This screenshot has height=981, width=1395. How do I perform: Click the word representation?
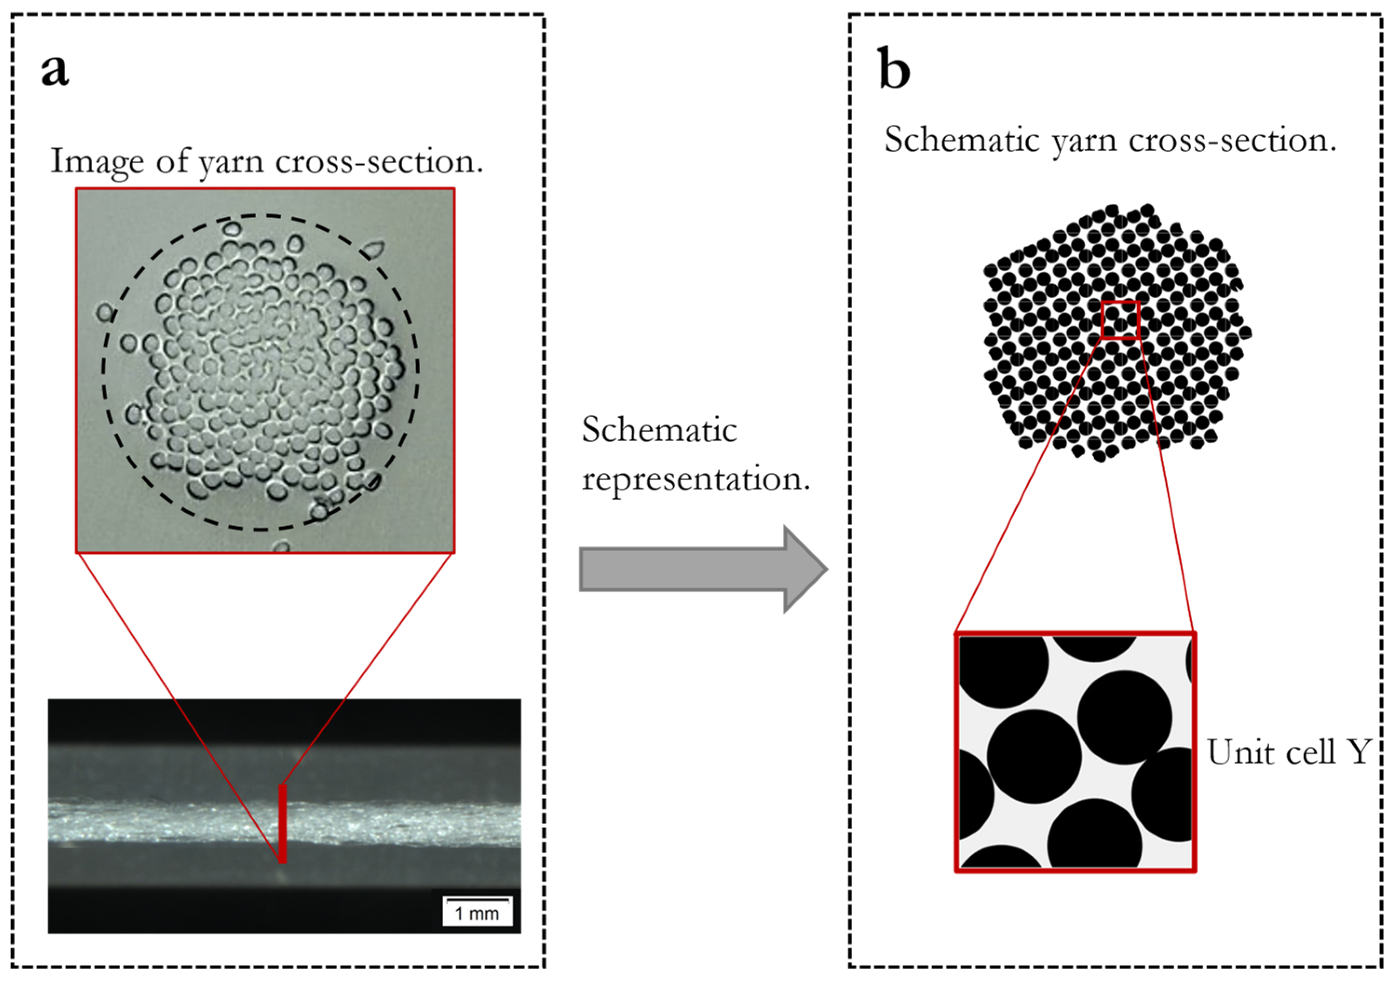pos(696,480)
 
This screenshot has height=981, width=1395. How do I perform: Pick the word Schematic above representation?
pos(659,430)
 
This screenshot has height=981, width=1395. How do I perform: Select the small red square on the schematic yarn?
pos(1120,320)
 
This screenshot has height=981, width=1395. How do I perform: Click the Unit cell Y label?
pos(1288,752)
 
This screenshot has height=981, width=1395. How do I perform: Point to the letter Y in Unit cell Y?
pos(1360,752)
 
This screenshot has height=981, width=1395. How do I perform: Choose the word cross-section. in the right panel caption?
pos(1233,141)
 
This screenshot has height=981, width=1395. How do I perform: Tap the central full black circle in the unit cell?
pos(1034,756)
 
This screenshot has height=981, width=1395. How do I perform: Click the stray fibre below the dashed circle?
pos(281,547)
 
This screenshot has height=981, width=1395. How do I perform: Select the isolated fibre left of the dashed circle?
pos(106,313)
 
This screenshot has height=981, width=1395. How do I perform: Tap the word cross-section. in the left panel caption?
pos(379,161)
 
